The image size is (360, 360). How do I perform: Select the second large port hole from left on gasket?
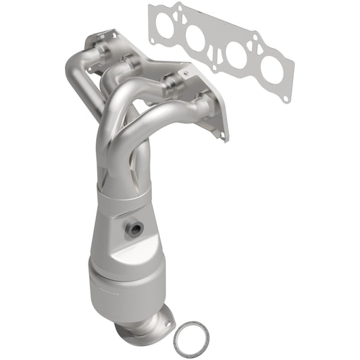[x=198, y=38]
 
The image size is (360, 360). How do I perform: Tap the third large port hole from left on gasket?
[x=236, y=53]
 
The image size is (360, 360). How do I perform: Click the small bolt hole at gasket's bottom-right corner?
[x=286, y=98]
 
